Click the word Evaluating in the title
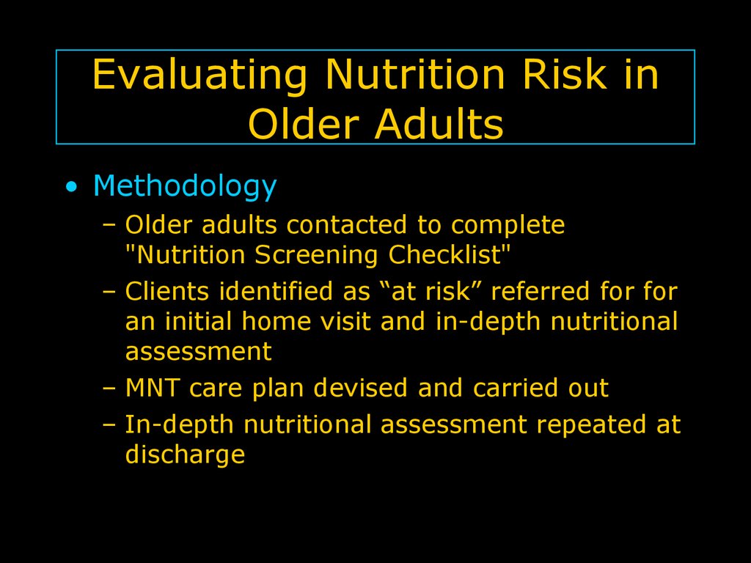click(199, 76)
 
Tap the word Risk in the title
click(565, 74)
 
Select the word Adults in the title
click(439, 123)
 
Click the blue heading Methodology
click(185, 186)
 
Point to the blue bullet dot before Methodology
click(71, 187)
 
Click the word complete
click(508, 226)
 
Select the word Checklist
click(445, 254)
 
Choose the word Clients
click(166, 291)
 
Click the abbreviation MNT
click(153, 388)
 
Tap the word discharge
click(185, 455)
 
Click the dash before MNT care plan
click(109, 389)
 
